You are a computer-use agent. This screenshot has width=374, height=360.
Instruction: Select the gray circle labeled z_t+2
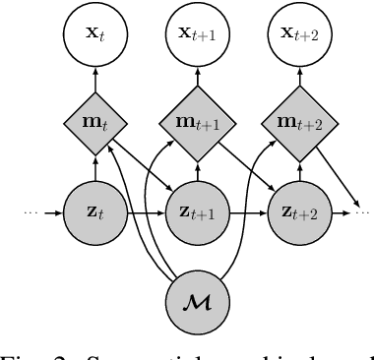[291, 210]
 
